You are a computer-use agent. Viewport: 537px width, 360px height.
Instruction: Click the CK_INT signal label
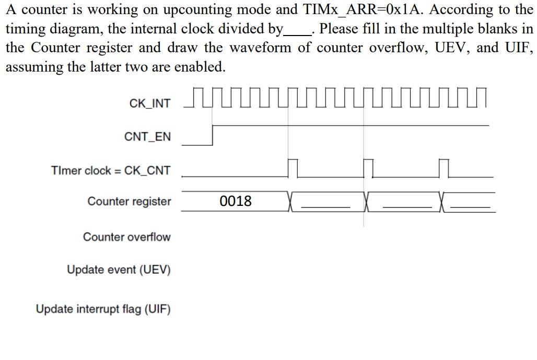tap(149, 103)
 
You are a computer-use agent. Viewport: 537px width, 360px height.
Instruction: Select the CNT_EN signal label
tap(147, 137)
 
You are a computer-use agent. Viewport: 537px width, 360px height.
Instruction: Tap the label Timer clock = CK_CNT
tap(110, 170)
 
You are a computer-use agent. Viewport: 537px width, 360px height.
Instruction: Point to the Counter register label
tap(129, 201)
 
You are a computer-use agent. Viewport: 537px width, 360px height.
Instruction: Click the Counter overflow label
tap(126, 237)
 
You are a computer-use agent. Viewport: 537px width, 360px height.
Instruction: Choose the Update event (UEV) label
tap(119, 270)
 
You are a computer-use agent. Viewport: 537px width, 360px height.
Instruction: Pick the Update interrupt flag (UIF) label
tap(103, 309)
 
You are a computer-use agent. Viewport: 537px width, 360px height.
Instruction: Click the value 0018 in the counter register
tap(236, 201)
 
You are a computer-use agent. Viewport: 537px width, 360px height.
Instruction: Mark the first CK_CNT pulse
tap(293, 168)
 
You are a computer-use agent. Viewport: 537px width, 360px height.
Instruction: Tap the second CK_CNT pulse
tap(368, 168)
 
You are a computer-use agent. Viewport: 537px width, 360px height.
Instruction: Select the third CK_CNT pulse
tap(445, 168)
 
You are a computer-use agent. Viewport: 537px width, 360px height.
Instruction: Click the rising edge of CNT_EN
tap(213, 135)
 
